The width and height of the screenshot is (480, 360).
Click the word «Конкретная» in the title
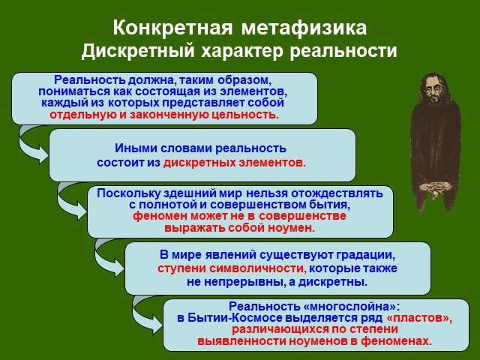click(x=172, y=28)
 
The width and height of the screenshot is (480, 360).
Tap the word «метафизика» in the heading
click(x=304, y=28)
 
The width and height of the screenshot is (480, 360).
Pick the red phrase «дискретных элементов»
click(x=235, y=162)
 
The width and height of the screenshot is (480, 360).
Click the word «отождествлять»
click(x=337, y=193)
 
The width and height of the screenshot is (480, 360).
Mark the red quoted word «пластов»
click(x=418, y=318)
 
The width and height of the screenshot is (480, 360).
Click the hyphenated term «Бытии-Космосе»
click(x=235, y=318)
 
